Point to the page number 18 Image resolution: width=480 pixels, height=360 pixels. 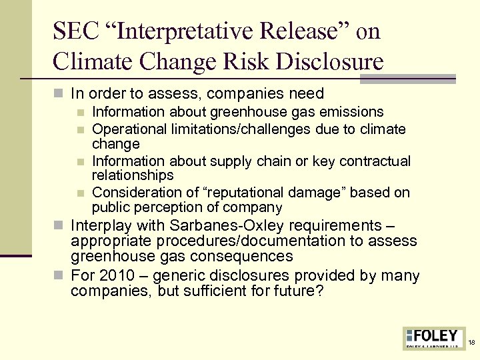(x=472, y=343)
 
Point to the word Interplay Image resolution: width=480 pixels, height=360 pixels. (x=98, y=225)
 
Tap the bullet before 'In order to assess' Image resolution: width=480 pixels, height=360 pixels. (x=62, y=94)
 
